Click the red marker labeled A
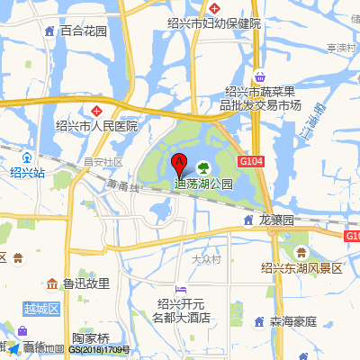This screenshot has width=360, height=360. click(x=178, y=164)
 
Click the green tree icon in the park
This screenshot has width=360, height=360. click(x=203, y=166)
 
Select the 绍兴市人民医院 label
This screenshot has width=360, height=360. click(x=96, y=126)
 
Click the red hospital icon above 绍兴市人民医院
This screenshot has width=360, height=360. click(x=96, y=110)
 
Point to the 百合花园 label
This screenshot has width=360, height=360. click(x=84, y=31)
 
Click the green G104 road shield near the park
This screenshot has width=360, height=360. click(x=251, y=160)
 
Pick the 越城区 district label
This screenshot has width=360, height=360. click(x=40, y=309)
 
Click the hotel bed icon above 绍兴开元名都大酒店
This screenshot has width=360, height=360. click(x=182, y=289)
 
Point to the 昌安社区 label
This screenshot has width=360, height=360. click(x=103, y=162)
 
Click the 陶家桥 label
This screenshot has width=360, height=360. click(x=91, y=338)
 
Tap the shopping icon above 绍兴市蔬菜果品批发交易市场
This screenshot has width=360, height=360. click(x=260, y=77)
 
